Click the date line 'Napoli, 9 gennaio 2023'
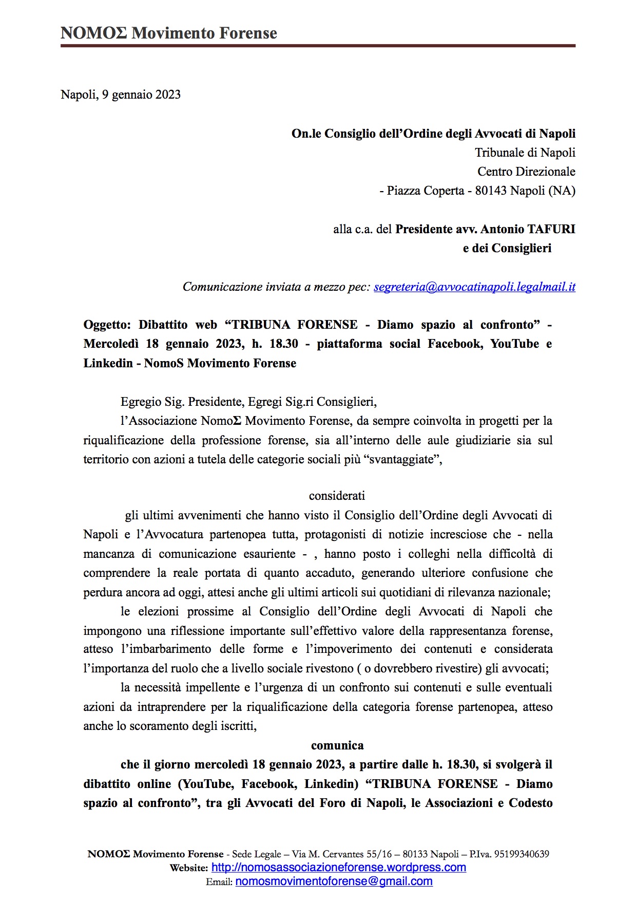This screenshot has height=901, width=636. tap(121, 95)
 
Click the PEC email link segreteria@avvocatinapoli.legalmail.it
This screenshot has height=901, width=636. tap(474, 287)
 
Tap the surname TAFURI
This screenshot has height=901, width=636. tap(551, 229)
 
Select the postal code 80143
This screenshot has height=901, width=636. tap(491, 191)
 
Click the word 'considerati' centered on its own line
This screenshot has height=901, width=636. tap(337, 496)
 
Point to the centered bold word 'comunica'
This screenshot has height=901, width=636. tap(337, 745)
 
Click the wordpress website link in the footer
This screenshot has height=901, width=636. tap(339, 868)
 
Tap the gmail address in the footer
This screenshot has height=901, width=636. tap(334, 881)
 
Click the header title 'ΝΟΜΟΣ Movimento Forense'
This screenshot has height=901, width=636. tap(168, 33)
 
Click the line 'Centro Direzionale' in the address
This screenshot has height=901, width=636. tap(526, 172)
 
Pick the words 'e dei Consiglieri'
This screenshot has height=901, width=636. tap(507, 248)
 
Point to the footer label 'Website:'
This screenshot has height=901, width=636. tap(189, 868)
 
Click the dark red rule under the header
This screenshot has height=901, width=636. tap(318, 46)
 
